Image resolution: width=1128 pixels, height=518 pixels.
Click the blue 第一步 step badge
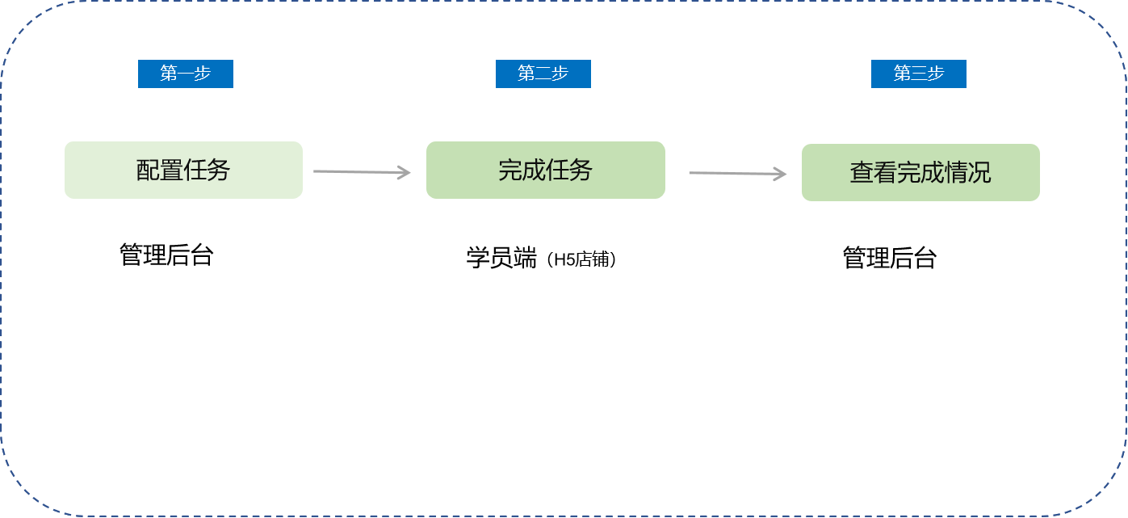tap(186, 74)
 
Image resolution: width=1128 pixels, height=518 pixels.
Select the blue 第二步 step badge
tap(543, 74)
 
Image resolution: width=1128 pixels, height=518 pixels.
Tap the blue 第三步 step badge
tap(919, 74)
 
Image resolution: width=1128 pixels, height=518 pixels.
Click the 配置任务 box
tap(183, 170)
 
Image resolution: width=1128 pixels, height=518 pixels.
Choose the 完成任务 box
tap(545, 170)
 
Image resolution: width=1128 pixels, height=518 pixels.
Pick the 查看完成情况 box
tap(920, 172)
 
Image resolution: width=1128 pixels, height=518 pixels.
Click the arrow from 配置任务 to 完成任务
tap(362, 172)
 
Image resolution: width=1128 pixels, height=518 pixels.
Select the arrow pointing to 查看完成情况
tap(738, 173)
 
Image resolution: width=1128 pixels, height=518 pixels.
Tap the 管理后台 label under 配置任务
tap(166, 255)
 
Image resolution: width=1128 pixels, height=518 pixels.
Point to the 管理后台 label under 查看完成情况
tap(889, 258)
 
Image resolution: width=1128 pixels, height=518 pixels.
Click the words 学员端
tap(501, 258)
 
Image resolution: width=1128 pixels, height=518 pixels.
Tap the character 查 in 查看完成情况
tap(862, 173)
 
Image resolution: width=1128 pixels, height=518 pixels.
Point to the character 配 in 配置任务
tap(148, 170)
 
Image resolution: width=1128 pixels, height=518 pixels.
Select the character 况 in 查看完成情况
tap(979, 173)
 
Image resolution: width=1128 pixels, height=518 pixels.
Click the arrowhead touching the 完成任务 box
tap(405, 172)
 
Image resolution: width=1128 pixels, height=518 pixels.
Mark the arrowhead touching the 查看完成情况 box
tap(780, 174)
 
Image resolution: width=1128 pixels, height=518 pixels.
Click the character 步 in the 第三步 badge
tap(936, 74)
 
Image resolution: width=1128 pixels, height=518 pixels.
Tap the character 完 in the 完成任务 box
tap(510, 170)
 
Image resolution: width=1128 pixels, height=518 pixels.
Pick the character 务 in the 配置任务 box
tap(219, 170)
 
